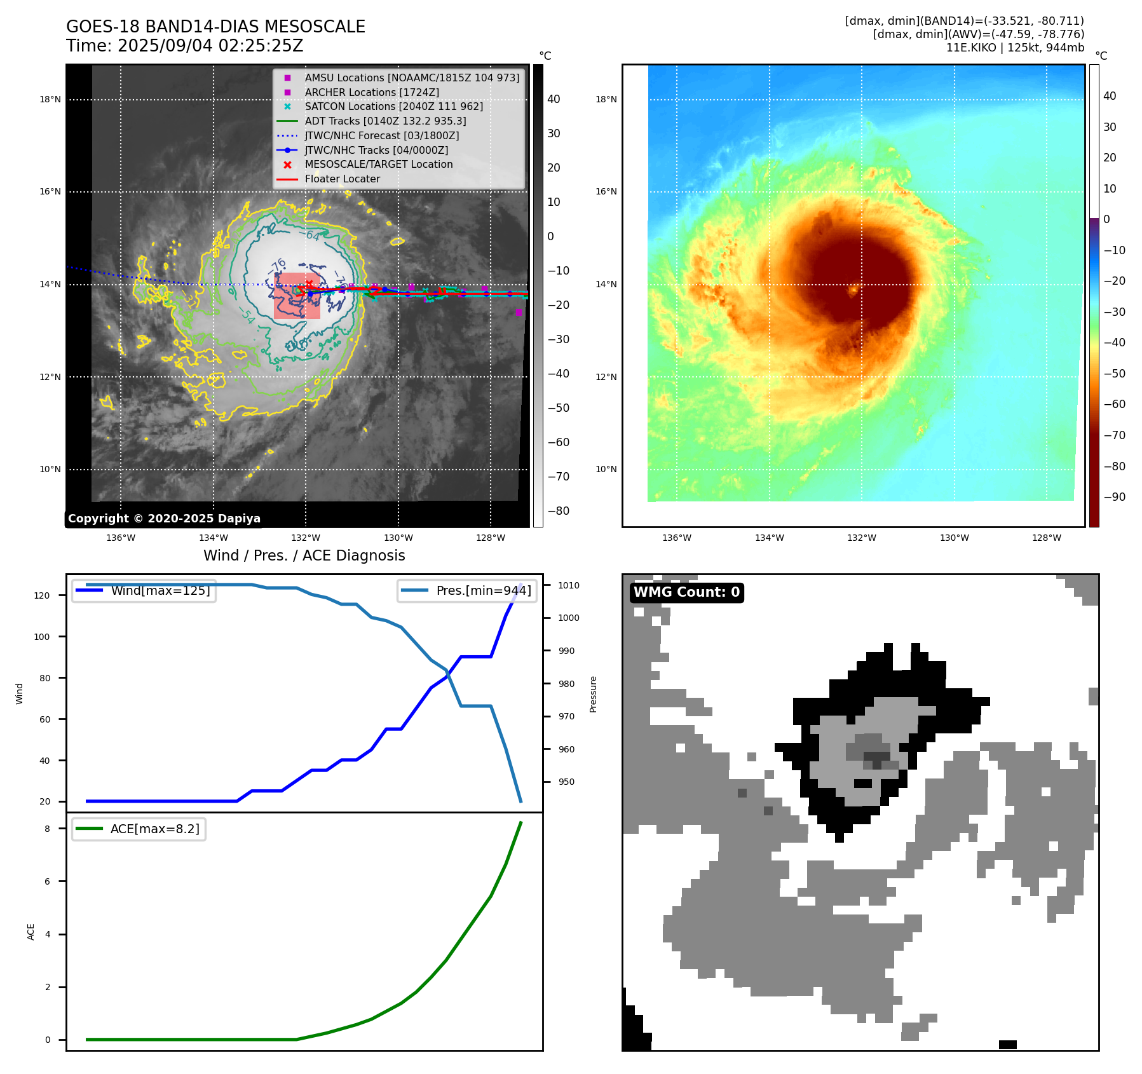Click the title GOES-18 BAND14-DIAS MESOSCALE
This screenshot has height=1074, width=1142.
pos(215,27)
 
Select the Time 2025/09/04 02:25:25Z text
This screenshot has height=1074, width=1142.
pos(184,46)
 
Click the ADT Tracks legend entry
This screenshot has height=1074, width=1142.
pos(385,121)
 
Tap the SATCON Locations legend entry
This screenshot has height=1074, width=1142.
pos(393,106)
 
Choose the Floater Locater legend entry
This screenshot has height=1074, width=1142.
pos(342,179)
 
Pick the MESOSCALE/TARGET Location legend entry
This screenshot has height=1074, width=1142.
pos(378,164)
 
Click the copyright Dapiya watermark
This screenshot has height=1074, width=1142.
pos(164,519)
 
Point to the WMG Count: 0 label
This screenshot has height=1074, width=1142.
pos(686,592)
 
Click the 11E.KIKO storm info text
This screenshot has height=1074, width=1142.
pos(1015,48)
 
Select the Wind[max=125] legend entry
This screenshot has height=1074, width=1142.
pos(160,590)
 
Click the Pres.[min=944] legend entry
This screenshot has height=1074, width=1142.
pos(483,590)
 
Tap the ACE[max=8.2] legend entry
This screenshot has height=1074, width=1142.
pos(154,829)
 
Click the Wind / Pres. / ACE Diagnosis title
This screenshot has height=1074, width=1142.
pos(304,555)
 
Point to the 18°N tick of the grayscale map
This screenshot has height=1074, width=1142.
pos(50,99)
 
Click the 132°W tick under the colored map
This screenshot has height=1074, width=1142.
pos(861,538)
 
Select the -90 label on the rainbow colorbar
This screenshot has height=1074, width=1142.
pos(1114,497)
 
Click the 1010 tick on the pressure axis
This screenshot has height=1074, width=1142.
pos(569,585)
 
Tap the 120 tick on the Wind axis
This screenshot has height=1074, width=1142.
pos(42,595)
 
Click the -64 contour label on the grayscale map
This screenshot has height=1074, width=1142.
pos(313,236)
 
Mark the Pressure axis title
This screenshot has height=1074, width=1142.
pos(593,694)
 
